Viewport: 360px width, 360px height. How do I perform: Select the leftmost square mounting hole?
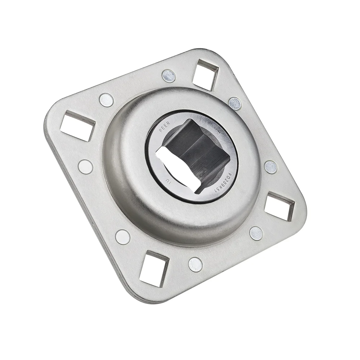(77, 125)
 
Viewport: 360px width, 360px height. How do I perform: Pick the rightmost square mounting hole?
(279, 206)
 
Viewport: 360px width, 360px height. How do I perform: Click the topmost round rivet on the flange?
(168, 76)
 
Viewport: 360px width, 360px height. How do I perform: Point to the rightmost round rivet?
(271, 167)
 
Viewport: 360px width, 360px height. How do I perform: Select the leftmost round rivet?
(85, 166)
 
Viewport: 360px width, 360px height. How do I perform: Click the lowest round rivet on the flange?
(195, 265)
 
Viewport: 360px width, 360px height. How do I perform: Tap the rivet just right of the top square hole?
(235, 103)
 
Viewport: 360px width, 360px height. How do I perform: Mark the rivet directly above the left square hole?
(106, 100)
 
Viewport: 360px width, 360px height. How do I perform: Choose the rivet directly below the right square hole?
(256, 233)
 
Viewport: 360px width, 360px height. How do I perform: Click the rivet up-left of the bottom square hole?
(123, 237)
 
